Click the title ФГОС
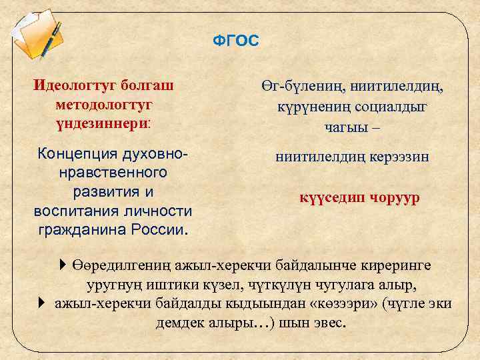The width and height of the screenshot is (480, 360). [x=235, y=41]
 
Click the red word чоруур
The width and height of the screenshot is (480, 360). [x=391, y=198]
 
